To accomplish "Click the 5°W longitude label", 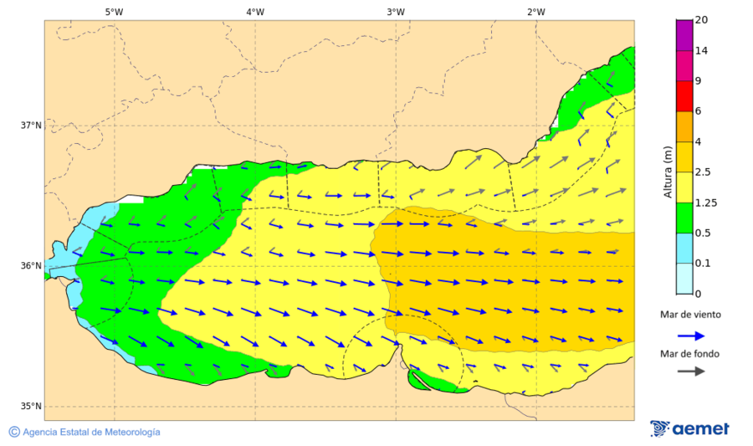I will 115,12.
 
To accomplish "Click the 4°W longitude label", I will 255,12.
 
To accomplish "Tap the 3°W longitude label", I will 396,12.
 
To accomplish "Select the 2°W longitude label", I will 536,12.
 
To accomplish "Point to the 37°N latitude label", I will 31,126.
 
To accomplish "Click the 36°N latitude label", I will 31,266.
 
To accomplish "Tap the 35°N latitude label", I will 31,407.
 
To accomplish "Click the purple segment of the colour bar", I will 684,35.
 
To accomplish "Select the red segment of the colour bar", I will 684,96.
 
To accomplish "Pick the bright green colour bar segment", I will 684,218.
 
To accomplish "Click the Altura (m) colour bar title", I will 668,171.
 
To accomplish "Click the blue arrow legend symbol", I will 689,335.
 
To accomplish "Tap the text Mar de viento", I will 690,315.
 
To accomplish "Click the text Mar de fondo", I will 689,353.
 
